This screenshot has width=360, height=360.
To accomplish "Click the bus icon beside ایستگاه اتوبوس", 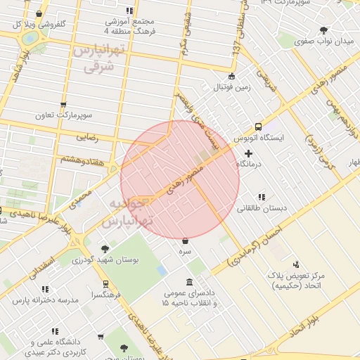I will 258,127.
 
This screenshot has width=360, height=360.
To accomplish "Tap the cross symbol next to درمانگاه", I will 248,153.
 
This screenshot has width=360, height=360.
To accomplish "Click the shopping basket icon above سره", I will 185,240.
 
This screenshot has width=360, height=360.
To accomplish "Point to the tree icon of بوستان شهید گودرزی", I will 105,248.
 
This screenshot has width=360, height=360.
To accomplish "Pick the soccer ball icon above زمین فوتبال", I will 232,77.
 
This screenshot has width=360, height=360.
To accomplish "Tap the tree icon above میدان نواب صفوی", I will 323,30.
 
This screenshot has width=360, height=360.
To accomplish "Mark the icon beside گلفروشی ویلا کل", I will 38,13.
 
